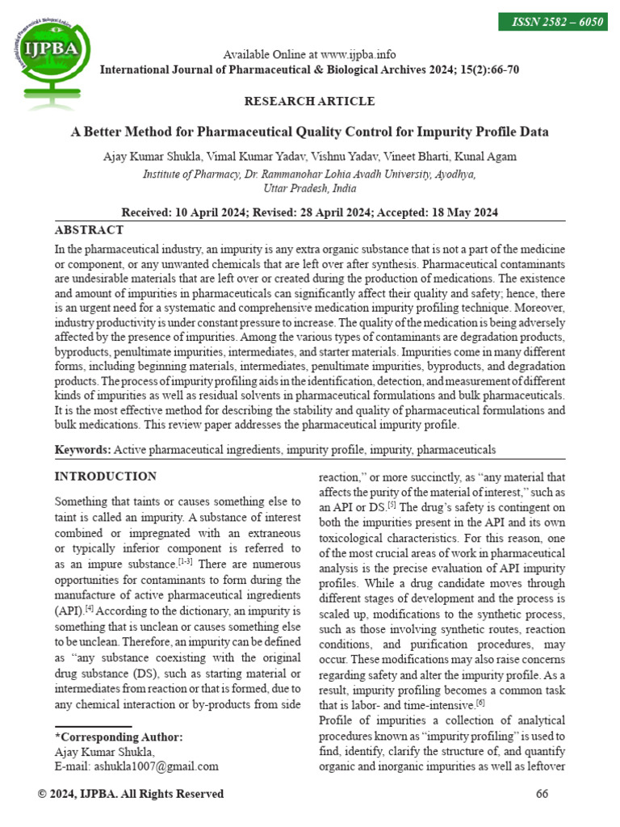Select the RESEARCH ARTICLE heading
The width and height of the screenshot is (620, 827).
tap(309, 102)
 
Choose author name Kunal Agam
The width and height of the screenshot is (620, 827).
tap(488, 157)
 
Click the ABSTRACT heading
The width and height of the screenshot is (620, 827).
tap(89, 230)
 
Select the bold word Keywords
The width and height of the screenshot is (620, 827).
tap(82, 449)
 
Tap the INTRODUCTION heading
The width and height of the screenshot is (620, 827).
tap(105, 476)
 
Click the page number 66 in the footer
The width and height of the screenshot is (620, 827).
tap(542, 794)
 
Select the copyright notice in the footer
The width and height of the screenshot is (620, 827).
tap(131, 794)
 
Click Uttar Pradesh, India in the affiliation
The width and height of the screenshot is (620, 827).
tap(309, 187)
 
